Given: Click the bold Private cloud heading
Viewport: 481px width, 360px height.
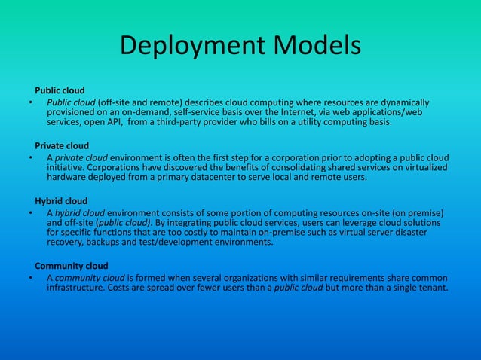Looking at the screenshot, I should pos(62,145).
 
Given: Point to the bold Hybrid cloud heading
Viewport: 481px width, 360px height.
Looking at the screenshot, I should pos(61,200).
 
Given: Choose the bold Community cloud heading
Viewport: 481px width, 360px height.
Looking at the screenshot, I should pos(72,265).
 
